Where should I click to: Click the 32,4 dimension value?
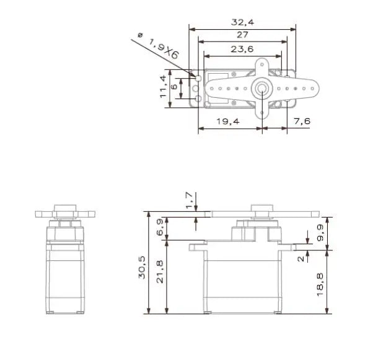click(x=242, y=22)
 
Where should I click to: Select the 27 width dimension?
click(x=242, y=35)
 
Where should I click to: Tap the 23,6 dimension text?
click(x=242, y=49)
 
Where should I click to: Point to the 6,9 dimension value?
click(x=159, y=227)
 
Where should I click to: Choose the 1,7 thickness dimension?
click(x=190, y=199)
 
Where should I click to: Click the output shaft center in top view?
click(x=261, y=89)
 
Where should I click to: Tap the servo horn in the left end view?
click(x=66, y=214)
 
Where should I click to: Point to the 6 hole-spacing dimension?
click(x=174, y=87)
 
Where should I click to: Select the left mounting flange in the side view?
click(x=196, y=248)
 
